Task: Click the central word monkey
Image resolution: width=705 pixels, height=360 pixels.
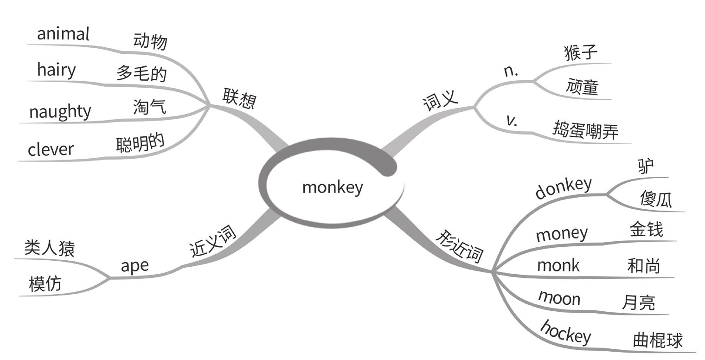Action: [332, 188]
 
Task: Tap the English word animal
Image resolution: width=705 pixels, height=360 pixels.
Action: [63, 34]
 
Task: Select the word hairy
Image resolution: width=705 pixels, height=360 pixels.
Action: [56, 71]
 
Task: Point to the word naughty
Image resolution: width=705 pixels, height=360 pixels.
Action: [60, 112]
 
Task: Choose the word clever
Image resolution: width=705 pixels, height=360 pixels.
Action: [51, 149]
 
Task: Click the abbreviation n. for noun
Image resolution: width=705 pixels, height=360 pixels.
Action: [511, 71]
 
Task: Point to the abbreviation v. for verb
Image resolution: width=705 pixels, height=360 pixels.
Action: [512, 121]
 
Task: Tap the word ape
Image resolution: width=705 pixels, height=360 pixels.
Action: [135, 266]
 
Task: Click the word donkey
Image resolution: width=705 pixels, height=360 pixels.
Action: [563, 188]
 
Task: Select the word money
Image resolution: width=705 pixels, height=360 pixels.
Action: [561, 234]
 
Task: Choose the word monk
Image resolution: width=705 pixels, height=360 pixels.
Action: [558, 266]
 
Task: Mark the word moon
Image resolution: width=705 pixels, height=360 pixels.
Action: [559, 297]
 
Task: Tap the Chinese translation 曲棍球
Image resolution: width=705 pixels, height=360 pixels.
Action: [658, 341]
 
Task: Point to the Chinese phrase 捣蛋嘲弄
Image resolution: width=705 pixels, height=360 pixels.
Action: [585, 130]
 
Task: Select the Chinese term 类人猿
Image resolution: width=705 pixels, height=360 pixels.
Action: [49, 249]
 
